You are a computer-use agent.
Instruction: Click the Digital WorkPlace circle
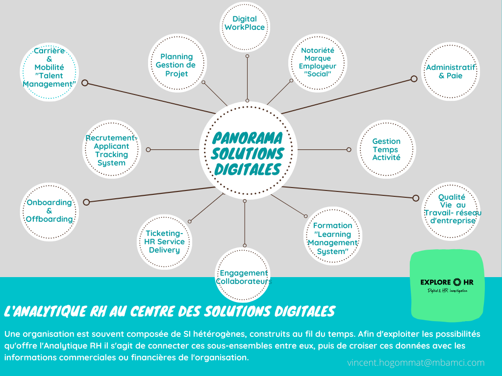click(x=245, y=23)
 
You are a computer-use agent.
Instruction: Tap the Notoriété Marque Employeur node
click(x=317, y=62)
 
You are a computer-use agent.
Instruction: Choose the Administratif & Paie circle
click(x=450, y=71)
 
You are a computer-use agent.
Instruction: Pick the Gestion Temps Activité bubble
click(x=386, y=149)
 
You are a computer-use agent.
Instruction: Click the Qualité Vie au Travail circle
click(x=452, y=209)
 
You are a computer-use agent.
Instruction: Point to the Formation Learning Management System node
click(x=332, y=238)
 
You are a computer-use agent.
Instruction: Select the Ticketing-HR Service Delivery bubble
click(x=164, y=242)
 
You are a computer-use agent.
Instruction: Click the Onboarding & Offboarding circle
click(x=49, y=211)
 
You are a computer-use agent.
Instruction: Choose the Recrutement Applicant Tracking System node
click(x=111, y=150)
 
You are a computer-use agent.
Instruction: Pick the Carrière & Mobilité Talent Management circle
click(x=49, y=71)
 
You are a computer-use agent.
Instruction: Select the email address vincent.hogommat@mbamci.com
click(x=415, y=363)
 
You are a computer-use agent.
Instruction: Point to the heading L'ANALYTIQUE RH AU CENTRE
click(x=169, y=311)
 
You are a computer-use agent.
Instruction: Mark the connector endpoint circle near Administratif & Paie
click(x=414, y=79)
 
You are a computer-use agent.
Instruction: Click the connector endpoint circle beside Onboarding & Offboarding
click(x=86, y=202)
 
